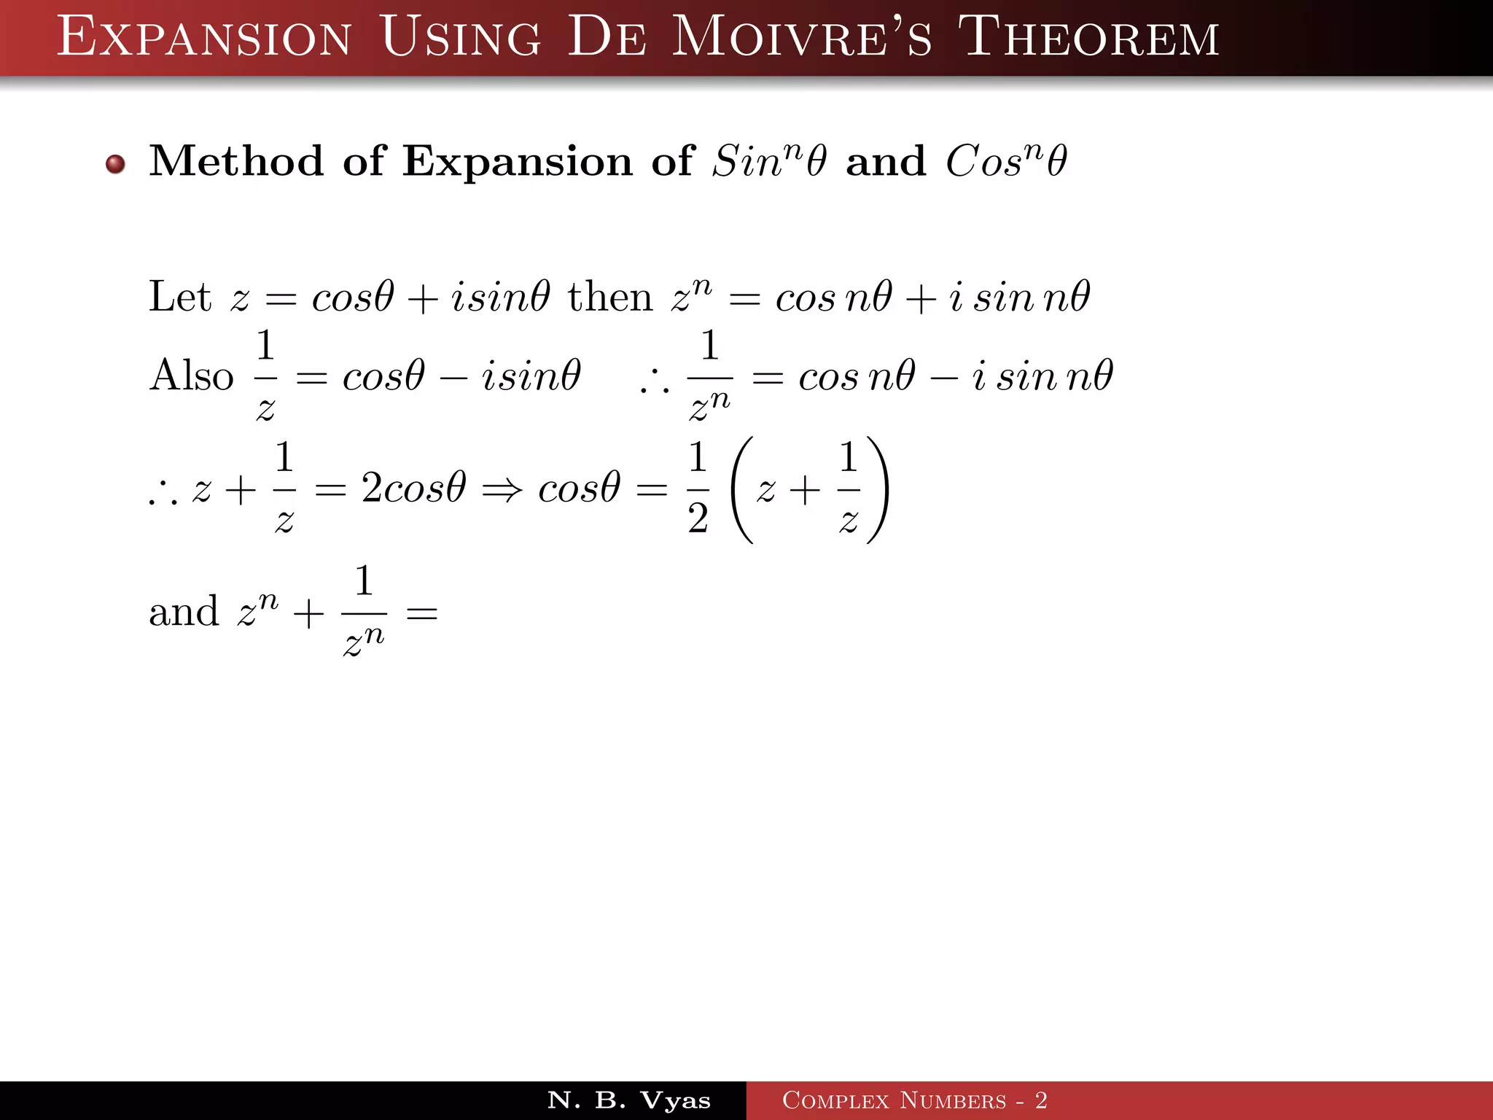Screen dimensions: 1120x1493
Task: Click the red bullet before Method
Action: pos(115,164)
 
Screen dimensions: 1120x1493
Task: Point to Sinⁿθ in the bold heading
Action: pos(769,160)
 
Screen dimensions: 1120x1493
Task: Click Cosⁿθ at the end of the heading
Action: pos(1006,160)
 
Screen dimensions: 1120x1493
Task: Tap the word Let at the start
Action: pos(179,297)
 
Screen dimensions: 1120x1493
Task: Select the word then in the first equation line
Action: pos(609,297)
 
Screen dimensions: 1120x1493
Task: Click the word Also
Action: pos(191,376)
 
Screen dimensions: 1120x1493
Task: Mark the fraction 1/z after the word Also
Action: pos(265,376)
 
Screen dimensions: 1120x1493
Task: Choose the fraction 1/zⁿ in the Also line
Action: pos(709,376)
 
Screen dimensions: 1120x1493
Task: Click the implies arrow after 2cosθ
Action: pos(502,489)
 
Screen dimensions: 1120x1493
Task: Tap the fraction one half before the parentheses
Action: pos(698,488)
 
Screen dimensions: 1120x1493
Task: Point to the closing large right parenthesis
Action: pos(878,489)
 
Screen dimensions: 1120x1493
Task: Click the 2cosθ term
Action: pos(413,488)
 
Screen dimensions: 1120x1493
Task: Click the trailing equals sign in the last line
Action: pos(421,613)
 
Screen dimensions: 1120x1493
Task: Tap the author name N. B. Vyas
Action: pos(628,1100)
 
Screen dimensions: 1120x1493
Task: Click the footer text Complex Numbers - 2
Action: pos(914,1100)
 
